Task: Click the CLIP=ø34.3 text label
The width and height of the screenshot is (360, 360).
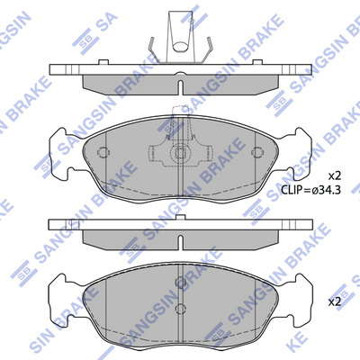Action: [310, 190]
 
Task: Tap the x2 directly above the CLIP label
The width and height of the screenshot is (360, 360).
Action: [335, 176]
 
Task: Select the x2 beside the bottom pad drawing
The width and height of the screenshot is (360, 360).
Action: [335, 302]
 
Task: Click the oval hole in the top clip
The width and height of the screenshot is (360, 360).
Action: [181, 47]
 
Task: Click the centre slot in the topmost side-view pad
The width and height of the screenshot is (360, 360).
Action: [181, 87]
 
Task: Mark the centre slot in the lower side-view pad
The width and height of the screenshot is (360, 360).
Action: [181, 242]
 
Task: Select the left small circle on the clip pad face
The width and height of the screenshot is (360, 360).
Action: [103, 153]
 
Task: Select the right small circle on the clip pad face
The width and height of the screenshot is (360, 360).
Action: [256, 153]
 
